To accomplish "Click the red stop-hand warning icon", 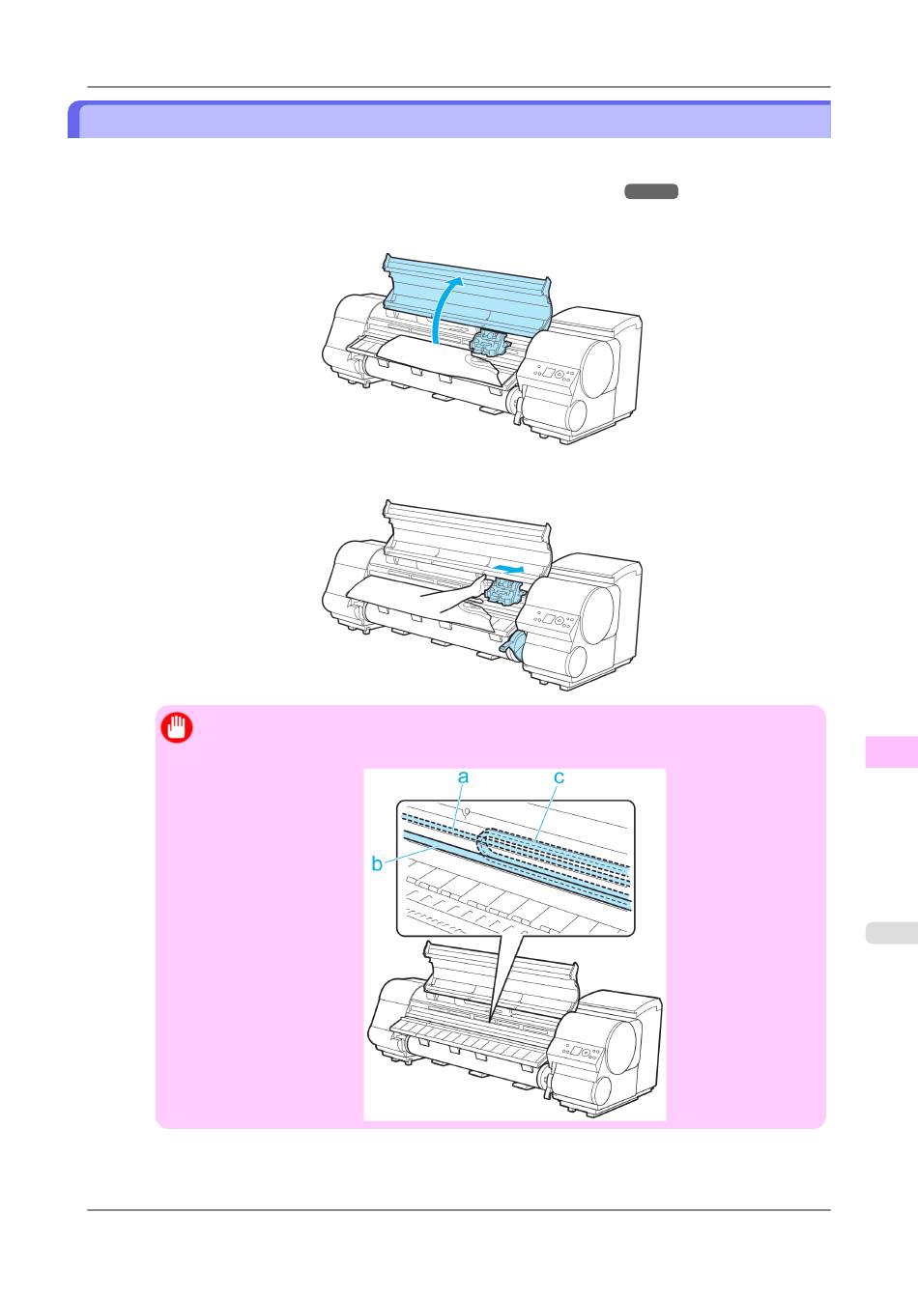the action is tap(177, 728).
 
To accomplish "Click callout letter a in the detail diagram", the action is tap(463, 776).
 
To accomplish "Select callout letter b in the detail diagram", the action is tap(377, 863).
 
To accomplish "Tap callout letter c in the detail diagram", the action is tap(559, 777).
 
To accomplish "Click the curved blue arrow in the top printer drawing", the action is tap(445, 307).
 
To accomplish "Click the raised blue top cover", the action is tap(467, 293).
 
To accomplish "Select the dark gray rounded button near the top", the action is tap(651, 191).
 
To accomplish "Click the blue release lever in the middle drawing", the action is tap(513, 645).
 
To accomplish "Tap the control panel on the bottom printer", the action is tap(578, 1051).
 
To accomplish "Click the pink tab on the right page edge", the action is tap(891, 751).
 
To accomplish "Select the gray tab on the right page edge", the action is tap(891, 933).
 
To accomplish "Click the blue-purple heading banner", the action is tap(449, 120).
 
